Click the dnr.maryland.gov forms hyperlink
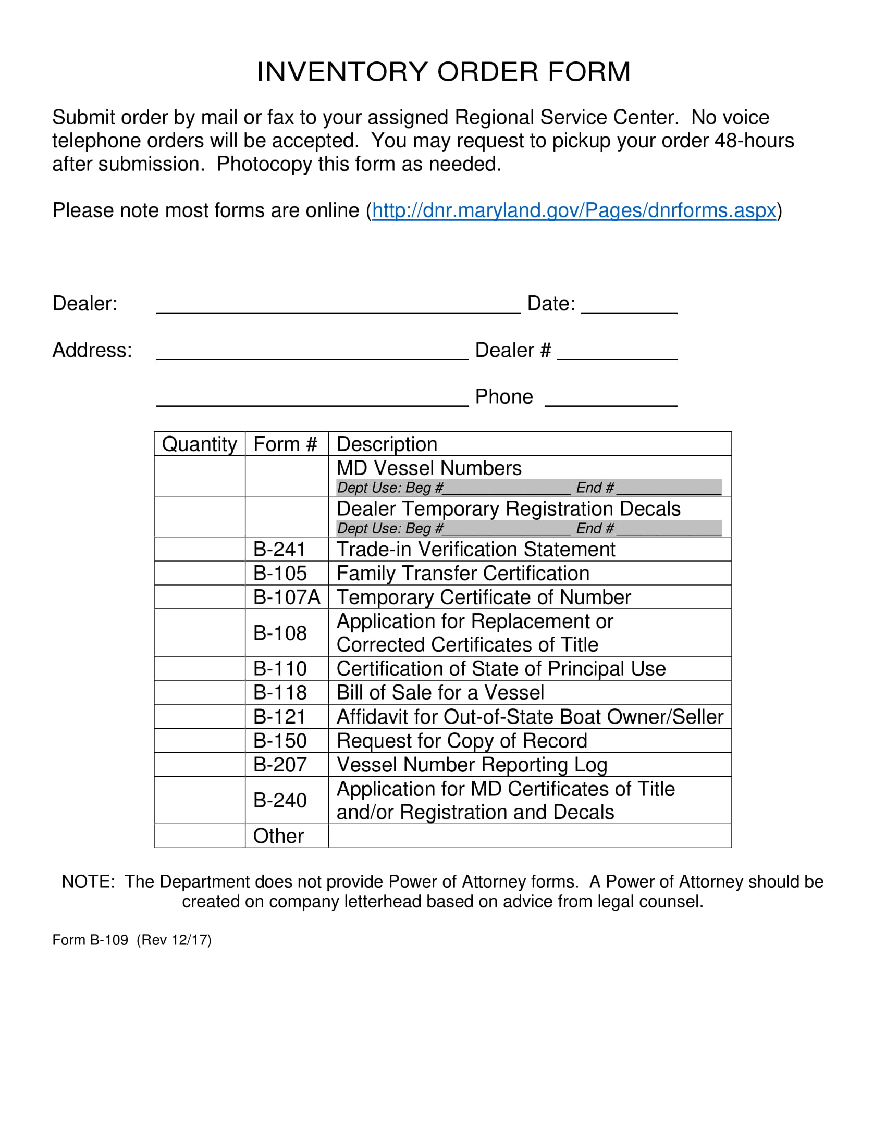coord(573,210)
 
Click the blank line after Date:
coord(629,306)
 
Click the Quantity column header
coord(199,444)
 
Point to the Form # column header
coord(285,444)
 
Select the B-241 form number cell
coord(279,550)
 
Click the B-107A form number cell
coord(286,597)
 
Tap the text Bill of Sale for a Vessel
coord(440,693)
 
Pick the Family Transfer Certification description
coord(462,574)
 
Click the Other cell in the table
coord(278,836)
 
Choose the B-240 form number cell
coord(280,800)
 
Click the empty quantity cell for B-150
coord(199,740)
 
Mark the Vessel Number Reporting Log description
coord(471,765)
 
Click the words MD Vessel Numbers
coord(428,468)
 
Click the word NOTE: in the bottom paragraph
coord(88,881)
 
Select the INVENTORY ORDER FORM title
coord(443,72)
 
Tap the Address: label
coord(92,350)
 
